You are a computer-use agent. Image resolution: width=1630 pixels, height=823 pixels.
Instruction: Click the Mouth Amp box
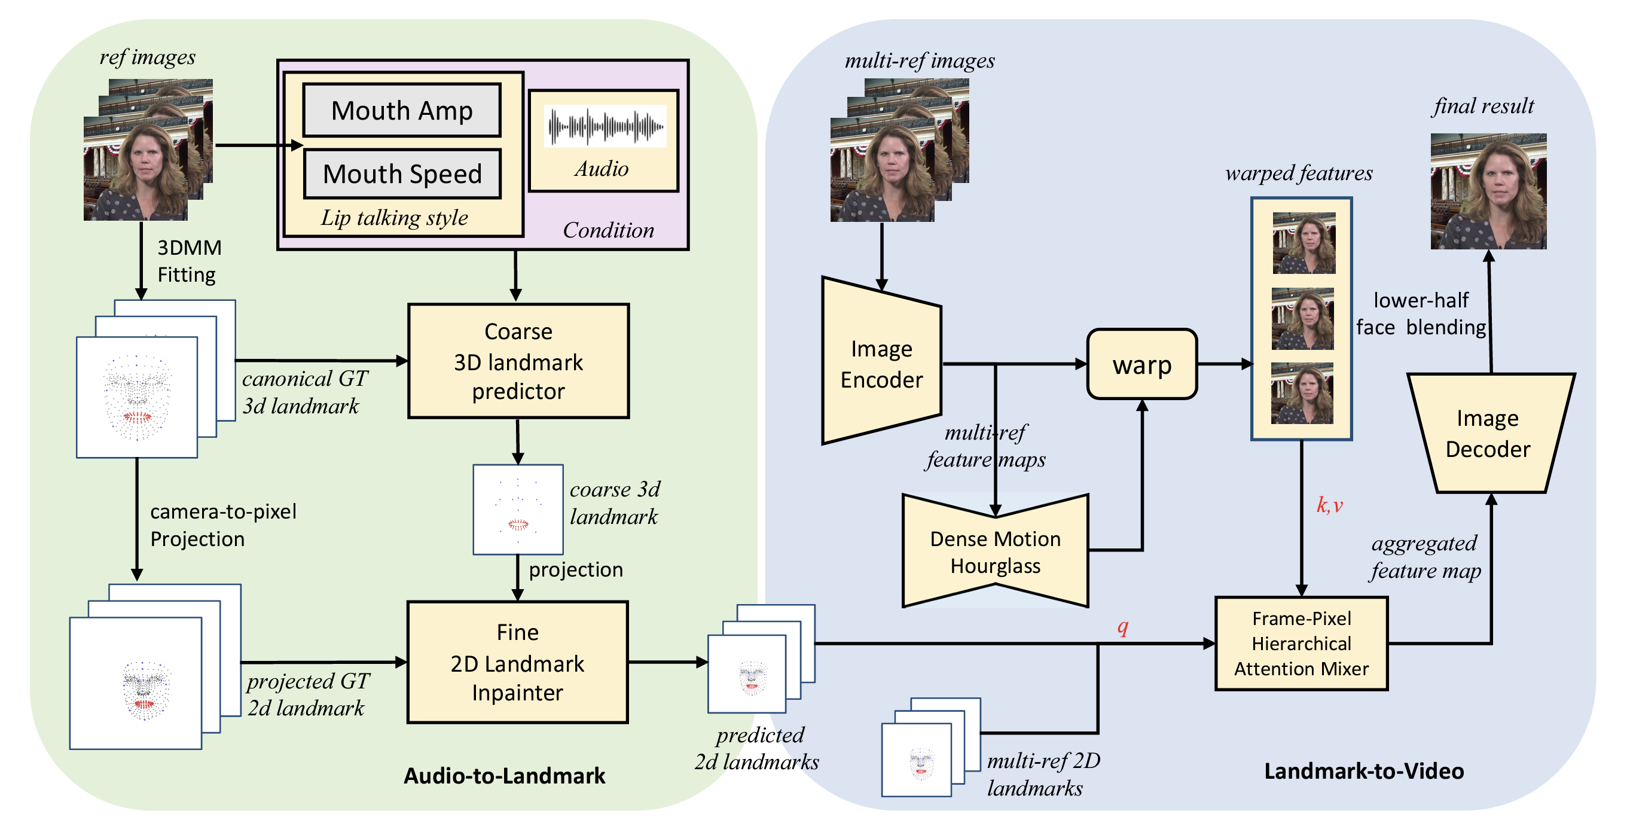click(402, 110)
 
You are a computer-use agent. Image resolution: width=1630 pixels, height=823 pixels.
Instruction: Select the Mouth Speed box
click(402, 173)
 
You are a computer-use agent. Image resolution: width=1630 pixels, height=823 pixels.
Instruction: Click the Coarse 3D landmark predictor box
click(518, 361)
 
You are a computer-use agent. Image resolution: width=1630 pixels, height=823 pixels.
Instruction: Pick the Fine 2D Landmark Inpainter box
click(518, 662)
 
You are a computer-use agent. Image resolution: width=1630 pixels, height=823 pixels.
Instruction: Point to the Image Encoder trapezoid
click(881, 364)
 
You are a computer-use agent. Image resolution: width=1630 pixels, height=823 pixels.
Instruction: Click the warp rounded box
click(1141, 364)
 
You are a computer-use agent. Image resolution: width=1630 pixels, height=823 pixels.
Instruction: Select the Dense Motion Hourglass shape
click(995, 551)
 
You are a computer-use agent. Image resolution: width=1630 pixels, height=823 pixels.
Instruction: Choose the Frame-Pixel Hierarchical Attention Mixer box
click(1301, 643)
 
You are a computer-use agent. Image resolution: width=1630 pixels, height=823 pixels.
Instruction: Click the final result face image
click(1488, 191)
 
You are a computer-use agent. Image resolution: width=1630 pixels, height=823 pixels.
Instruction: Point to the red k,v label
click(1329, 505)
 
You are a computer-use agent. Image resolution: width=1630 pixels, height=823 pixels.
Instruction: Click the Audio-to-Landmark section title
click(504, 776)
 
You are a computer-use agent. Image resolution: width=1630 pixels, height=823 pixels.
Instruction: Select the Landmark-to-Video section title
click(1363, 771)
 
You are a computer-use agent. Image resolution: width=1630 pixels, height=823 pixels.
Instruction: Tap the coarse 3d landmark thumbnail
click(518, 510)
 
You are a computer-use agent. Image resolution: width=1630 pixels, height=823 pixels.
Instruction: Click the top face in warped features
click(1304, 243)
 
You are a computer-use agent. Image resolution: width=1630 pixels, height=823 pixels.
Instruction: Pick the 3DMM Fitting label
click(188, 261)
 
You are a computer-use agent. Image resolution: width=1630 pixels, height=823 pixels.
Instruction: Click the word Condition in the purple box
click(608, 230)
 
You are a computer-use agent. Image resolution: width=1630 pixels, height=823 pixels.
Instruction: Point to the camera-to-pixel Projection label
click(222, 525)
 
